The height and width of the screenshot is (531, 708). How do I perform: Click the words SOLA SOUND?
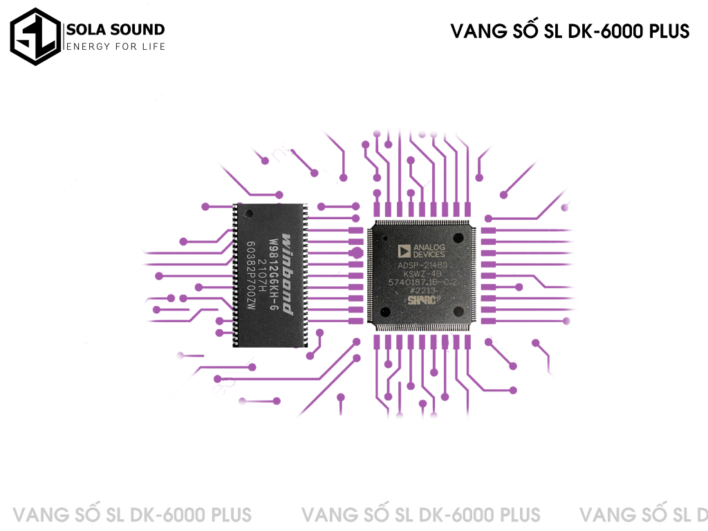115,29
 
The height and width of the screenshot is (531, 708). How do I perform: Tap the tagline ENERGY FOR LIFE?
115,46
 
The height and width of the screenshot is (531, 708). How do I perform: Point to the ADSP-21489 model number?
422,265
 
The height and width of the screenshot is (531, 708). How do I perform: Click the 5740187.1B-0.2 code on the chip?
422,282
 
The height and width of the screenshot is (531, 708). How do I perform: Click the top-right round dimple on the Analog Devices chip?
457,236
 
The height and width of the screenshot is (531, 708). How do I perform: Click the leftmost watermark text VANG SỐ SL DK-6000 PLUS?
133,515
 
